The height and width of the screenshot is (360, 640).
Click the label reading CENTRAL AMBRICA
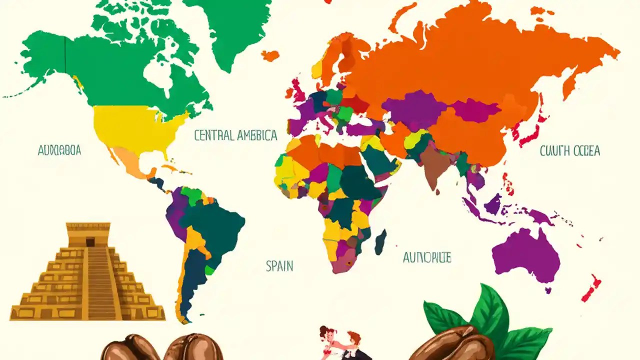pos(235,135)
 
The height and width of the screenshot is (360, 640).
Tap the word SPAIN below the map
pos(279,266)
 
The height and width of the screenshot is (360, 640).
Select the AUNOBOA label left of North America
pos(59,150)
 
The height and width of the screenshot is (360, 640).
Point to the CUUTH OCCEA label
pos(570,151)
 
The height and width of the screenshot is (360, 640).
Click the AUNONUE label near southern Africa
pos(427,258)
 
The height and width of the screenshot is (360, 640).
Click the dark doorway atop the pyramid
pos(90,242)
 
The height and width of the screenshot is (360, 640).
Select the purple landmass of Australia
pos(525,255)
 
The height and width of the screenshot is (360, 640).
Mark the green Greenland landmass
pos(235,30)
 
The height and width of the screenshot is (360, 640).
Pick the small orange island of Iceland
pos(270,55)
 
